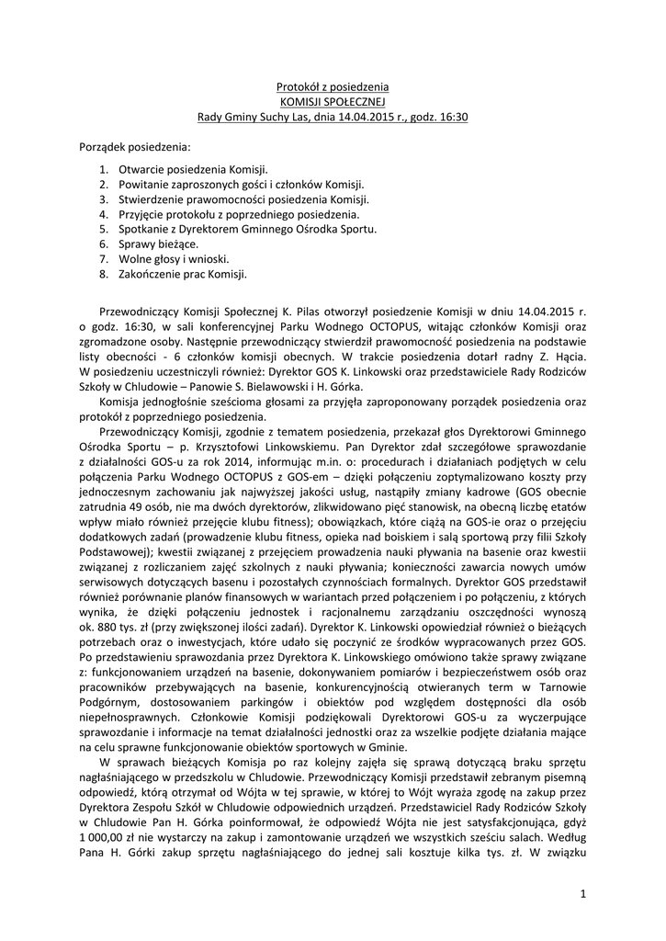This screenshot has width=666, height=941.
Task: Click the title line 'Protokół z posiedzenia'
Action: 333,86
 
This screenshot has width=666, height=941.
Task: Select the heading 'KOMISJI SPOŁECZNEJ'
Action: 333,101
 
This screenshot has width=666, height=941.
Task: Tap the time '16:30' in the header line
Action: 451,117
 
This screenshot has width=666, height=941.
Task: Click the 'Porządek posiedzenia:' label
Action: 134,146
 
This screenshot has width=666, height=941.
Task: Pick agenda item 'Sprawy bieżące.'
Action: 158,244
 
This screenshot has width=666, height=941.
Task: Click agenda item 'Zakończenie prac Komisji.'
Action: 183,273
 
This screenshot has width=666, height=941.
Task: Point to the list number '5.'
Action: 104,229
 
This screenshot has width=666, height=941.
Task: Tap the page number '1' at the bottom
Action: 582,892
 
